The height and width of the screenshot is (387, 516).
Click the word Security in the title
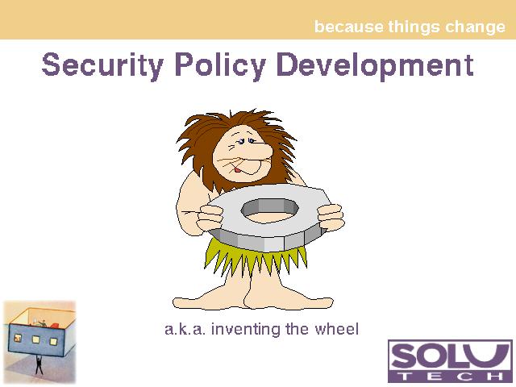click(102, 65)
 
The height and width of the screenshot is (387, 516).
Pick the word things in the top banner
click(414, 27)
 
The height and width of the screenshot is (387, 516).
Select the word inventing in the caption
click(246, 330)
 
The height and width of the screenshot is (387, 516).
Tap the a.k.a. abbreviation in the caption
click(185, 329)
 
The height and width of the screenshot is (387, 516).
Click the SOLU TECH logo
click(450, 361)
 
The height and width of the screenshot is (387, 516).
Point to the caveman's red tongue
click(237, 170)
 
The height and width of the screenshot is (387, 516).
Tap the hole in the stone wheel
click(270, 211)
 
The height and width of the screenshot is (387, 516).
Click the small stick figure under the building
click(39, 364)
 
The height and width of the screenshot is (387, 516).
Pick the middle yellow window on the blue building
click(35, 339)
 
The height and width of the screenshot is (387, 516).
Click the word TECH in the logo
click(450, 376)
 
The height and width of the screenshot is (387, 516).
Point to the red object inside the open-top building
click(54, 325)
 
